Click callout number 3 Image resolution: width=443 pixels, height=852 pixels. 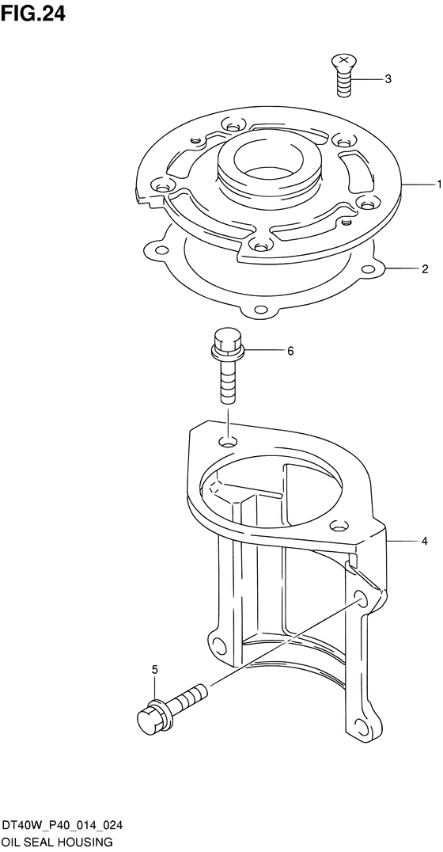click(x=388, y=79)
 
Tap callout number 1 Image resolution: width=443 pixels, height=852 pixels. click(x=439, y=184)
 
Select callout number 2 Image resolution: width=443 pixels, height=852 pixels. click(x=425, y=268)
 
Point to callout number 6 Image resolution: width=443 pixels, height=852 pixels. click(x=290, y=352)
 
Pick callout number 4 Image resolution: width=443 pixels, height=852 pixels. click(x=425, y=541)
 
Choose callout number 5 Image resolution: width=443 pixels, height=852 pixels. click(x=155, y=669)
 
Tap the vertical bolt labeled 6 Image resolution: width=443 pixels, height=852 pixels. click(x=227, y=366)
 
